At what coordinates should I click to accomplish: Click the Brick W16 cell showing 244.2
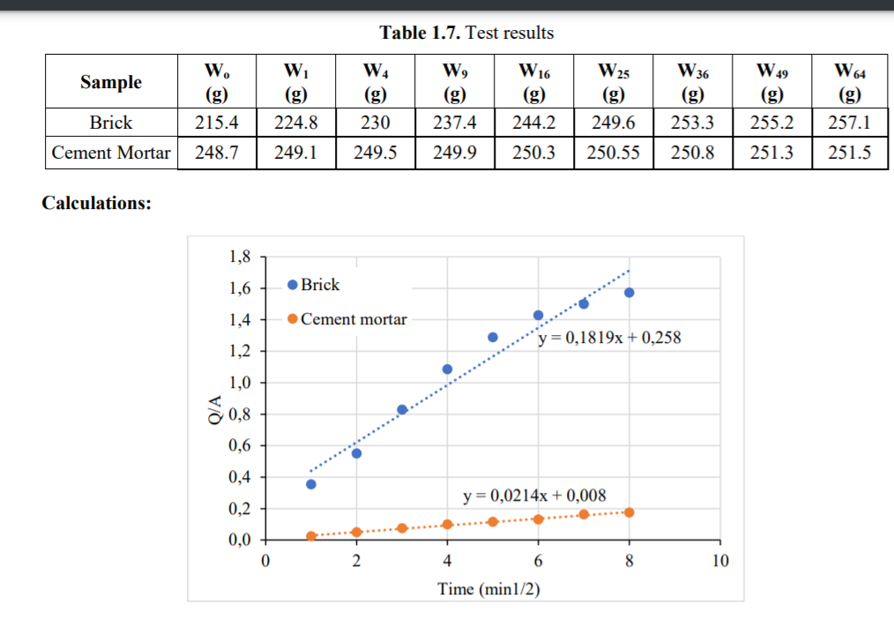[533, 122]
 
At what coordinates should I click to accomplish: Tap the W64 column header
[849, 81]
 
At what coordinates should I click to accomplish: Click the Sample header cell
[111, 82]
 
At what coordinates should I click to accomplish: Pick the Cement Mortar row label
[111, 153]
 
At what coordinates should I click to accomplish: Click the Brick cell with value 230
[376, 122]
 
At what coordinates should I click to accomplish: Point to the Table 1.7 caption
[466, 34]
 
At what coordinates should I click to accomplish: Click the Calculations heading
[97, 203]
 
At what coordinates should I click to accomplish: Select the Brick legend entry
[315, 285]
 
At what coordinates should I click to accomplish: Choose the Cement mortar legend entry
[347, 319]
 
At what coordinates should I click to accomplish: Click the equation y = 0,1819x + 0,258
[609, 337]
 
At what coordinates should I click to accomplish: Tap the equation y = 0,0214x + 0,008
[534, 496]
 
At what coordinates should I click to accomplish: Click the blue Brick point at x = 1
[310, 484]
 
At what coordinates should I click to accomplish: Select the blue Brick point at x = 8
[629, 293]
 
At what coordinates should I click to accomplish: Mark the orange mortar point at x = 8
[629, 512]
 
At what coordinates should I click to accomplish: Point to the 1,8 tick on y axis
[240, 257]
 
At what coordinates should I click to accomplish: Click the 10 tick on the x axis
[719, 560]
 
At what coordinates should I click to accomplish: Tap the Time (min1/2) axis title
[488, 588]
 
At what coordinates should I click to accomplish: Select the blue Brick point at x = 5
[493, 338]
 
